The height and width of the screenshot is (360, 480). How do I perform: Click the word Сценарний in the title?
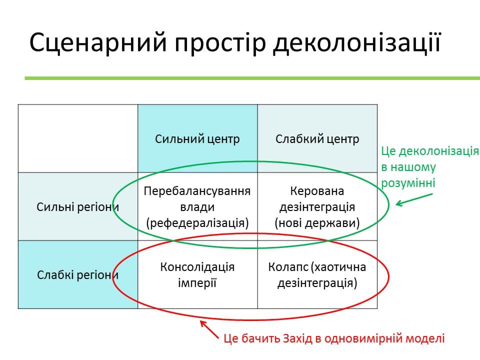[x=98, y=42]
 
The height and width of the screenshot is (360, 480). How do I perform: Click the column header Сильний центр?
[x=197, y=139]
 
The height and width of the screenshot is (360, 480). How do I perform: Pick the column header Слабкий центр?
[x=317, y=139]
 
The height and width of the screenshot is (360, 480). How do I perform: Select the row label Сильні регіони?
[x=78, y=207]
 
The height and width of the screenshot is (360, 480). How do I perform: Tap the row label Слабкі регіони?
[x=78, y=275]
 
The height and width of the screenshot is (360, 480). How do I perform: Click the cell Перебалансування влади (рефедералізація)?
[x=197, y=207]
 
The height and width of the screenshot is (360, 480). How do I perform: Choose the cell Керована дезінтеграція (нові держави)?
[x=317, y=207]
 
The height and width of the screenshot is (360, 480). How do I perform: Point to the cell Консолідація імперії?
[x=197, y=275]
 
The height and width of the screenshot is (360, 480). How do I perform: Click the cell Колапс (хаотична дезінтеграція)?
[x=317, y=275]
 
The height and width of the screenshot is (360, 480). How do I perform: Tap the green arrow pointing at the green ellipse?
[x=414, y=199]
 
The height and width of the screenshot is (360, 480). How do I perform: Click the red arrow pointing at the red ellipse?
[x=209, y=329]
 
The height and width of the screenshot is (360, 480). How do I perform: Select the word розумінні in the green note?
[x=408, y=183]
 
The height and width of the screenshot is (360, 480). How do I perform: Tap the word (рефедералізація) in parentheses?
[x=197, y=223]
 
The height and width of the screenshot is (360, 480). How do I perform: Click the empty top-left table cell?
[x=78, y=138]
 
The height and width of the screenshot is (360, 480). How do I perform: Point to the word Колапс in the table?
[x=288, y=267]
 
